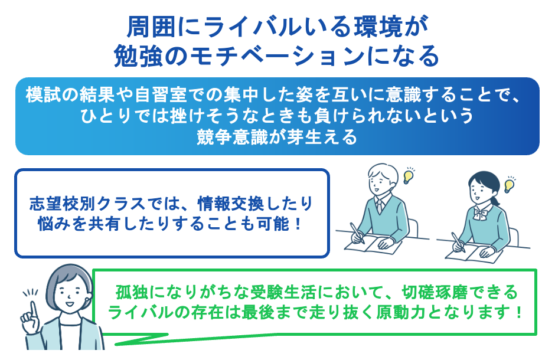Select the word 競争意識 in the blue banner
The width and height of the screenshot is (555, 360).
(236, 138)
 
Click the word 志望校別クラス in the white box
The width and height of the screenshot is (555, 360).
(87, 204)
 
